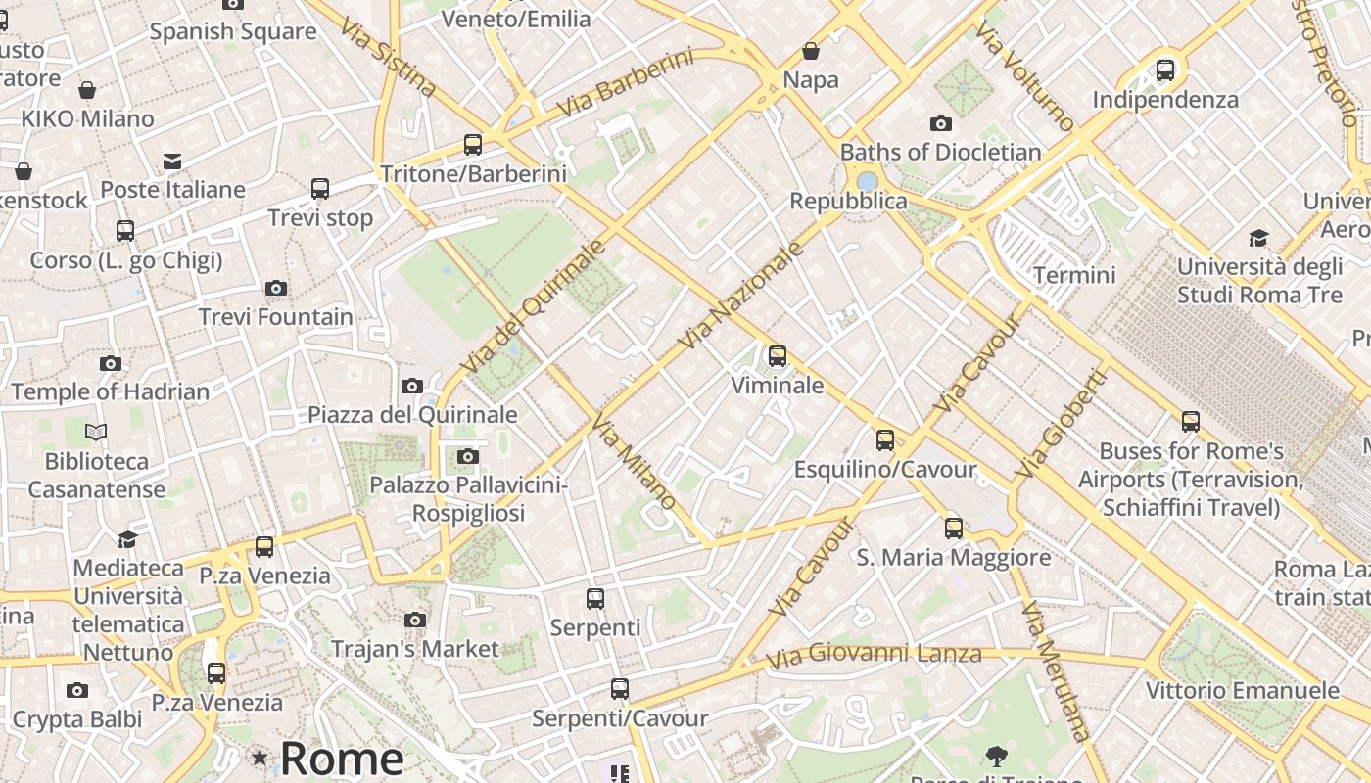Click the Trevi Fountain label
(275, 317)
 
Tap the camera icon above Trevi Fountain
(276, 289)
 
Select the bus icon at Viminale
(778, 356)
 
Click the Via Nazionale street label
(741, 294)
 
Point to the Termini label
(1074, 275)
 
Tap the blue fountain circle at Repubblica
(867, 181)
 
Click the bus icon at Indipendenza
(1165, 70)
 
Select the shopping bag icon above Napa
(811, 51)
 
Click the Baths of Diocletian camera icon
(941, 123)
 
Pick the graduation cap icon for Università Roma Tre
(1258, 238)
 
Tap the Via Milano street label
(634, 463)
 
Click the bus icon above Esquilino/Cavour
(885, 440)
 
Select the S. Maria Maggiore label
(953, 558)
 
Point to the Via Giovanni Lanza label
(874, 656)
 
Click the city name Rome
(341, 759)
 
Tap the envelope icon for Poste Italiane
(172, 161)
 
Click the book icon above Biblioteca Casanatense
(96, 432)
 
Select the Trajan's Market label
(415, 649)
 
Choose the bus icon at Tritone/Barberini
(473, 145)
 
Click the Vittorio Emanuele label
(1242, 691)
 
